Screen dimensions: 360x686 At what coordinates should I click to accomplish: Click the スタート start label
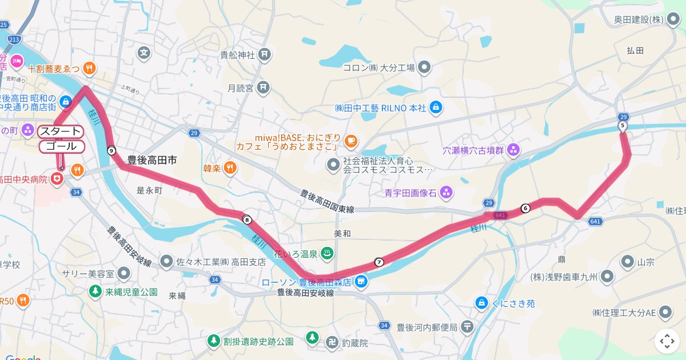click(x=60, y=131)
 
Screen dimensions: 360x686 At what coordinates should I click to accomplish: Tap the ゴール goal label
click(x=62, y=146)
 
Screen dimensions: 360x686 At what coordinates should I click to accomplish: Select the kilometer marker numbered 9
click(x=111, y=150)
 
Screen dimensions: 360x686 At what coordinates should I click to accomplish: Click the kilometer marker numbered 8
click(x=247, y=219)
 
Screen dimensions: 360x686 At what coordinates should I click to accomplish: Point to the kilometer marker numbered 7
click(x=379, y=262)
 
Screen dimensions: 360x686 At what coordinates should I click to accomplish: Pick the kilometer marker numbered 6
click(x=525, y=208)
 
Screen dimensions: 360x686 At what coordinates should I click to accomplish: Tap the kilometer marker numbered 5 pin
click(x=623, y=126)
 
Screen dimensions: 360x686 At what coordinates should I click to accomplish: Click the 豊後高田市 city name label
click(x=151, y=161)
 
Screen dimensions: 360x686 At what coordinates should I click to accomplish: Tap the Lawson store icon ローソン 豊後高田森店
click(x=361, y=282)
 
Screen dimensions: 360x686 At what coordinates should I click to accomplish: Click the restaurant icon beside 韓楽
click(x=229, y=168)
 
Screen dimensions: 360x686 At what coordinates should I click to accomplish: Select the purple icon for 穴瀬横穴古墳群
click(x=513, y=150)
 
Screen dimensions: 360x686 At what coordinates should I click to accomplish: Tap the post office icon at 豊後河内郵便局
click(x=468, y=326)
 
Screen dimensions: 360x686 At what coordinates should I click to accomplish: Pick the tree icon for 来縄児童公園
click(x=94, y=291)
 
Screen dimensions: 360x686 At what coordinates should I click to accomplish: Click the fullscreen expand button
click(x=667, y=342)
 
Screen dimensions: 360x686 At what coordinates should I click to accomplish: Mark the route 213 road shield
click(x=15, y=39)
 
